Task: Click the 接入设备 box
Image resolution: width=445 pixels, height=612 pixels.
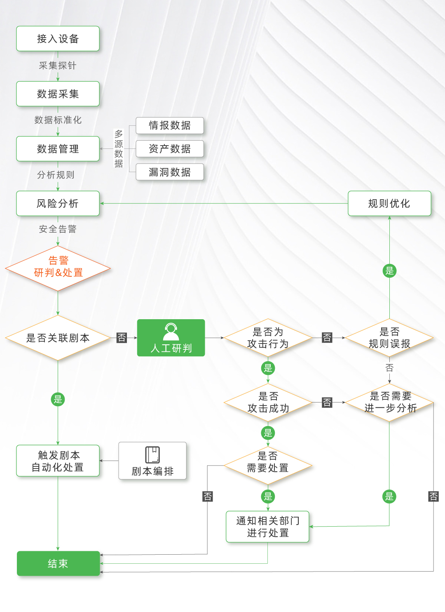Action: pyautogui.click(x=58, y=39)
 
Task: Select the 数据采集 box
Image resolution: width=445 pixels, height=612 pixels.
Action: pyautogui.click(x=58, y=94)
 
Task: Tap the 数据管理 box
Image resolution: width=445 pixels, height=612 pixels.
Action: pyautogui.click(x=58, y=149)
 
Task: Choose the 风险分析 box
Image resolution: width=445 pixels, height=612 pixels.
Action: pyautogui.click(x=58, y=203)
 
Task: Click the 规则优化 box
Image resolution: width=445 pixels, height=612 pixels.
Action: pyautogui.click(x=389, y=203)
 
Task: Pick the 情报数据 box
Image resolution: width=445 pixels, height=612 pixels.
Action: pyautogui.click(x=170, y=125)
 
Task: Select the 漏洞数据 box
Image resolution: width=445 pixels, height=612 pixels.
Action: pyautogui.click(x=170, y=172)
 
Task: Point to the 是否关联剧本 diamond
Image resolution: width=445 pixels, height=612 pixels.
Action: pyautogui.click(x=58, y=338)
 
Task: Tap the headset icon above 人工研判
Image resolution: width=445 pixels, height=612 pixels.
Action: pyautogui.click(x=171, y=331)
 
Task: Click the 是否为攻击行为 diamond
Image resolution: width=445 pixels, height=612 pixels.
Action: pyautogui.click(x=268, y=338)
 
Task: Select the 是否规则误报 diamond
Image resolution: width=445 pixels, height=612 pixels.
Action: pyautogui.click(x=389, y=338)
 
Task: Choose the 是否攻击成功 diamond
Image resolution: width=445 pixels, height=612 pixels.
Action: pyautogui.click(x=268, y=403)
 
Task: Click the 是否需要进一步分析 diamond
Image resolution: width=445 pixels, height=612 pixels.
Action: pyautogui.click(x=389, y=403)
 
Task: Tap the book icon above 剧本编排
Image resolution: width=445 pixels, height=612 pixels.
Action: pyautogui.click(x=152, y=455)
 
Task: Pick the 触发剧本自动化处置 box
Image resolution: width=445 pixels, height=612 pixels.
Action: pyautogui.click(x=58, y=461)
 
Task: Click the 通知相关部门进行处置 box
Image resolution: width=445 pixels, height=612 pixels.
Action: pyautogui.click(x=267, y=527)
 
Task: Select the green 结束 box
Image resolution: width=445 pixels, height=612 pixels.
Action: pyautogui.click(x=58, y=563)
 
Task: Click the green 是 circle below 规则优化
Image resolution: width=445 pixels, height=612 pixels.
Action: pyautogui.click(x=389, y=271)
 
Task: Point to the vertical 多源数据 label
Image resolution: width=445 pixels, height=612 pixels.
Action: pyautogui.click(x=119, y=148)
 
